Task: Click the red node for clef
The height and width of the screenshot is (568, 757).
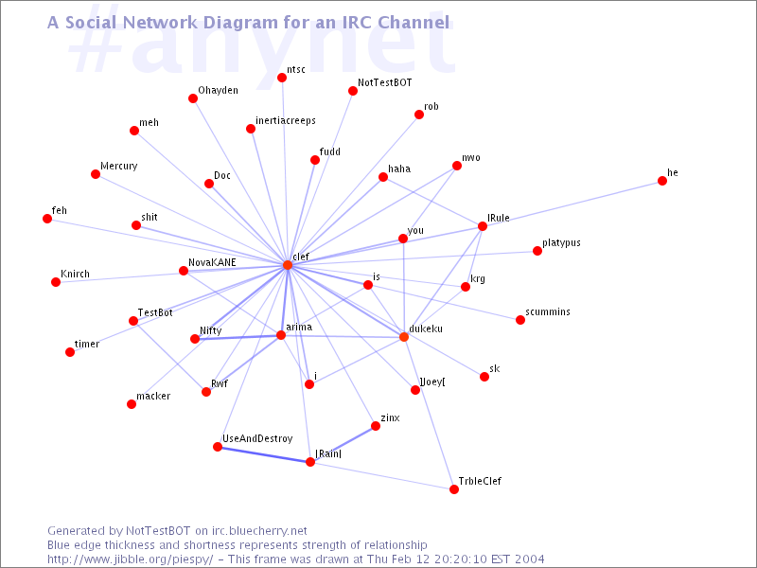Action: pos(288,265)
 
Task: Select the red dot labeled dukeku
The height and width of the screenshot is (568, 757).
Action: pos(404,337)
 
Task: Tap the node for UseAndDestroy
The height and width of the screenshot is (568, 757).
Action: pos(218,447)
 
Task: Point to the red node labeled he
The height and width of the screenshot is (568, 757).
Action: pos(662,181)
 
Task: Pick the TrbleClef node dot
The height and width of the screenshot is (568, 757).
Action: pos(454,489)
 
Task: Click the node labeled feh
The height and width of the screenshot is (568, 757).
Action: pos(47,219)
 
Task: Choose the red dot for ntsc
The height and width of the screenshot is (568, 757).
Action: pos(282,78)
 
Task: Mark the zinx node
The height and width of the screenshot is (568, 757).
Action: pos(376,426)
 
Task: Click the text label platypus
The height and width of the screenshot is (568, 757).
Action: pos(561,243)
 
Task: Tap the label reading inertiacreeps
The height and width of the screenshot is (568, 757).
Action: pos(286,121)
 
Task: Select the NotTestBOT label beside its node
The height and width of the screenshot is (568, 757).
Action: pos(385,82)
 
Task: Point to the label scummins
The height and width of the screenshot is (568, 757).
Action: pos(548,311)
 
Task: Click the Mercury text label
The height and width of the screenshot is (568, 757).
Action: pos(119,167)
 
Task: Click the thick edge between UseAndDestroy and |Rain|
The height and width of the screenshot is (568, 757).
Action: pos(264,454)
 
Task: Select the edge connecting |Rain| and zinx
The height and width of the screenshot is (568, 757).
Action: pos(343,444)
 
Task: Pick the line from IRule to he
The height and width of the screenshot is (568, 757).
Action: pos(572,204)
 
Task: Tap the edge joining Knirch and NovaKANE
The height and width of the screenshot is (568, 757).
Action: pos(120,276)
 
